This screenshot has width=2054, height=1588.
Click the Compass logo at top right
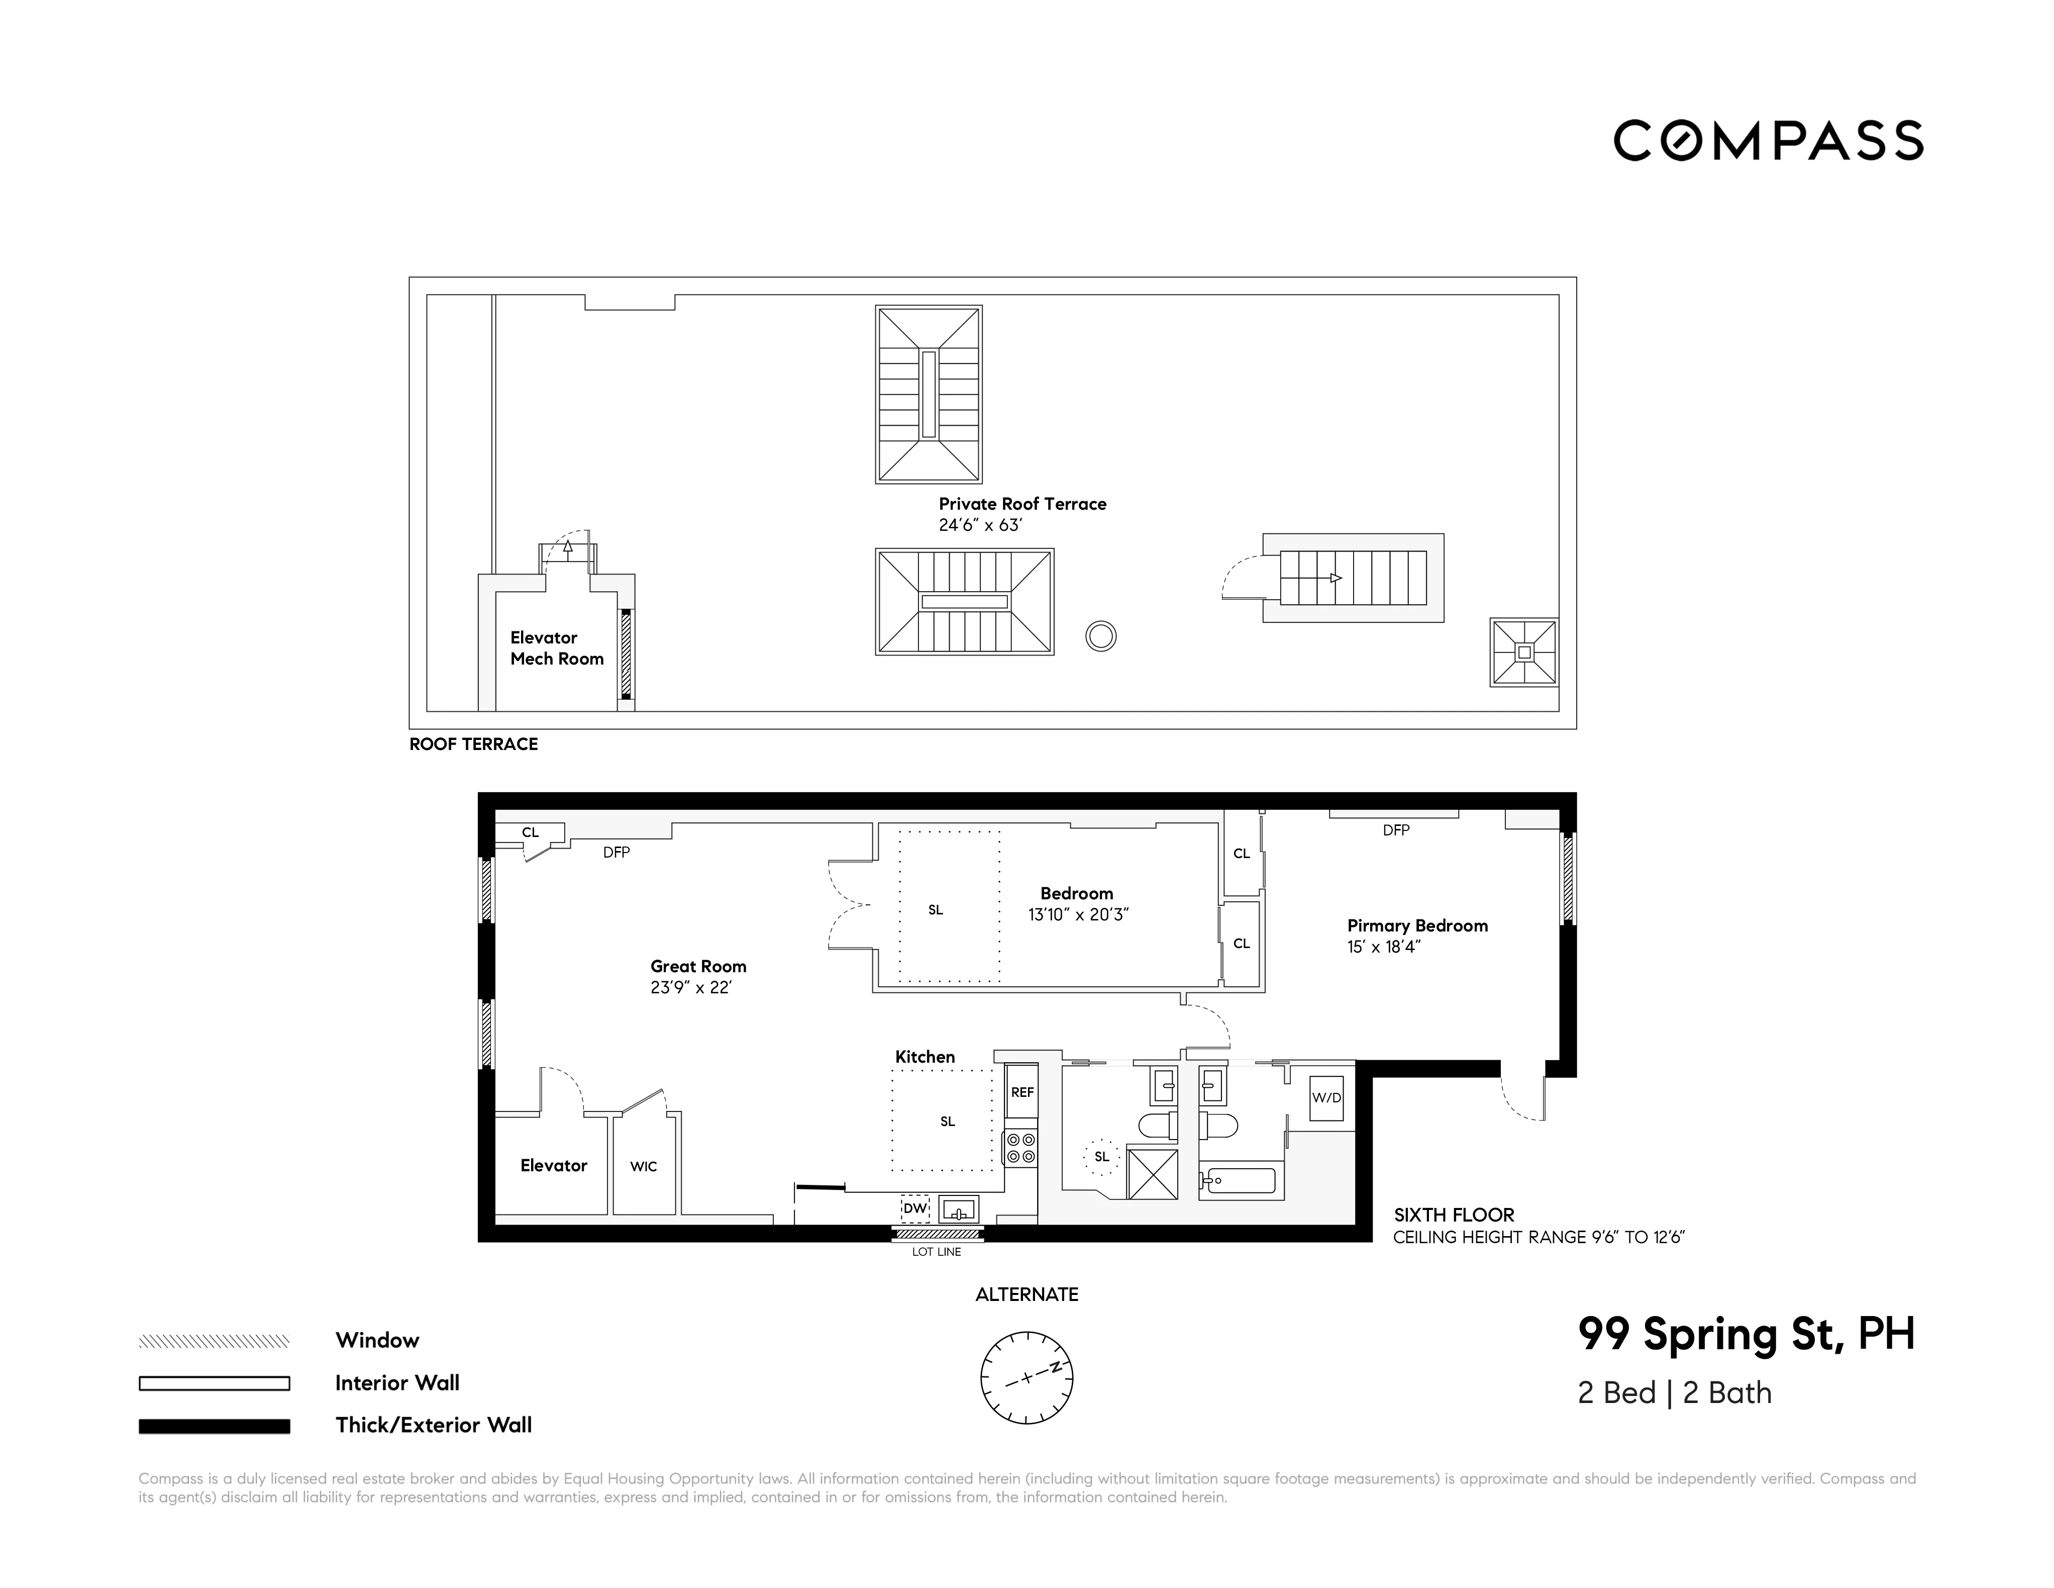[x=1768, y=141]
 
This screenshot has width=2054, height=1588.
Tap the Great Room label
[x=698, y=966]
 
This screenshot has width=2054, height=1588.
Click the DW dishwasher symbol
[x=914, y=1208]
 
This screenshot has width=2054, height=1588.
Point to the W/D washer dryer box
[x=1326, y=1098]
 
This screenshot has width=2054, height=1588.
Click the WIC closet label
[x=643, y=1167]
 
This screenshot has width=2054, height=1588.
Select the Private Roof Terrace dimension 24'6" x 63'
[x=980, y=525]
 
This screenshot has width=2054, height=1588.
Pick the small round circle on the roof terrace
[x=1100, y=637]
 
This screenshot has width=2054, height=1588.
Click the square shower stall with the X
[x=1152, y=1173]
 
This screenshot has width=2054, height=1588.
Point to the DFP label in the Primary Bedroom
[x=1396, y=830]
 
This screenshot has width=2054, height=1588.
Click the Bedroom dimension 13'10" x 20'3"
[x=1078, y=914]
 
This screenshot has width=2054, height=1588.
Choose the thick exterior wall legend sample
[x=215, y=1426]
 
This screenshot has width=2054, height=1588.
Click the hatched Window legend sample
[x=215, y=1342]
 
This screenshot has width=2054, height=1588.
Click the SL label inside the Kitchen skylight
[x=947, y=1122]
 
